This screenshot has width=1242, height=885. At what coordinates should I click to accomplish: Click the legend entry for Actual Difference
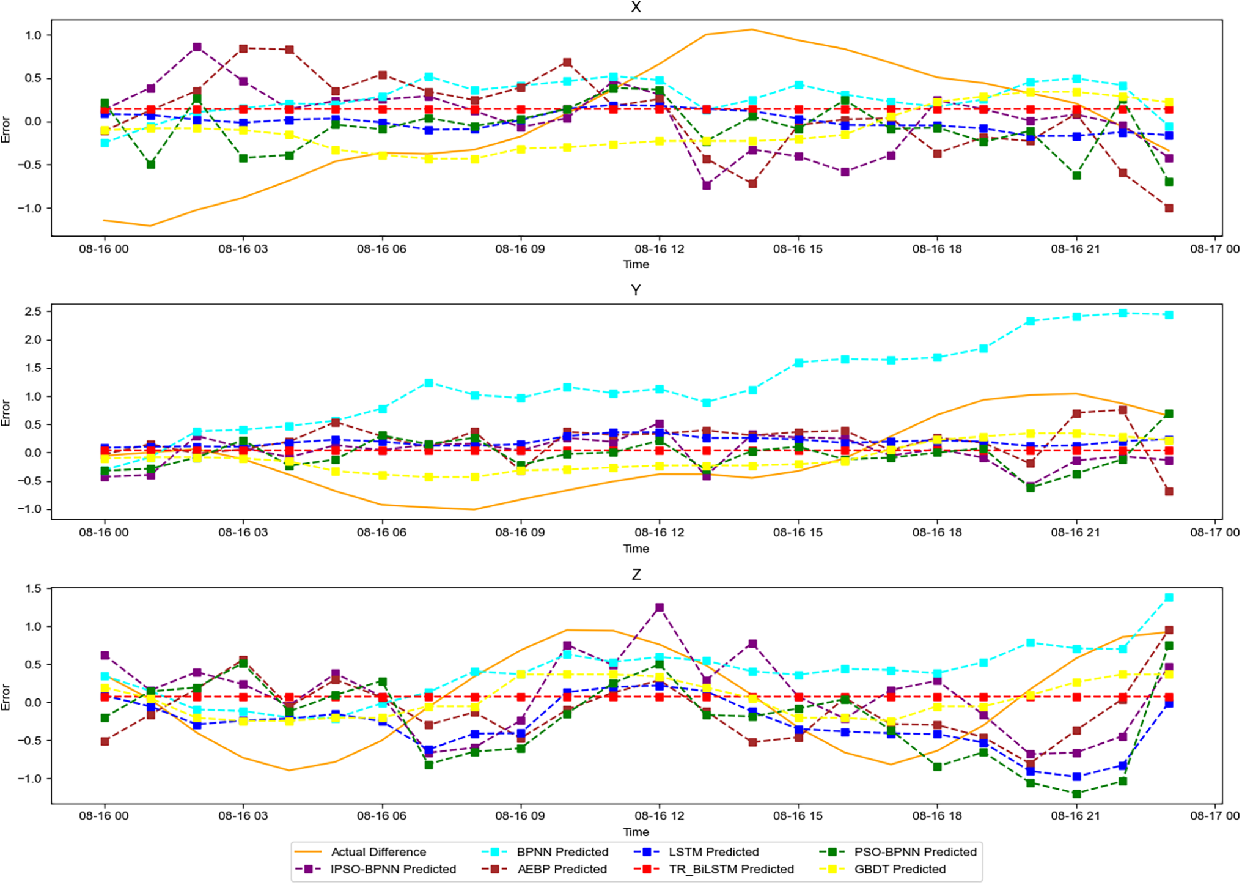tap(378, 851)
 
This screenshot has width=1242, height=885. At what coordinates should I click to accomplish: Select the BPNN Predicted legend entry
tap(562, 851)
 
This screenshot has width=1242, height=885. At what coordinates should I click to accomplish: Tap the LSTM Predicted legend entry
tap(713, 851)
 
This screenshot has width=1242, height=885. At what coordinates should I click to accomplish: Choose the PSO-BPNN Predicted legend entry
tap(915, 851)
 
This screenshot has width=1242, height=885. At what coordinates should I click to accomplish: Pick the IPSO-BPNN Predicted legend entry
tap(392, 869)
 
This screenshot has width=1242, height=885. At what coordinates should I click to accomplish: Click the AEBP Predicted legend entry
tap(562, 869)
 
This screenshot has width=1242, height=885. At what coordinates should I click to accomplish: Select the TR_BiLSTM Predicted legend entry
tap(731, 869)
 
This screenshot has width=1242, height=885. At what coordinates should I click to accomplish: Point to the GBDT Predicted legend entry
tap(900, 869)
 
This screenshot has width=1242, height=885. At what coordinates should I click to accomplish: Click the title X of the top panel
tap(636, 7)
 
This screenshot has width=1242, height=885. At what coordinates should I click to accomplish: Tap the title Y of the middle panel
tap(636, 291)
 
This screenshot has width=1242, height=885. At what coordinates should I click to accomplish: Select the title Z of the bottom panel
tap(636, 574)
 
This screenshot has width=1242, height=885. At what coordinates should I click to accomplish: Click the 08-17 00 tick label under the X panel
tap(1214, 249)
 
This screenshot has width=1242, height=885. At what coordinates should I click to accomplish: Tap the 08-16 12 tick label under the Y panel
tap(659, 532)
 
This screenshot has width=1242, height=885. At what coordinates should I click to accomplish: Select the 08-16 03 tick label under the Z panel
tap(243, 815)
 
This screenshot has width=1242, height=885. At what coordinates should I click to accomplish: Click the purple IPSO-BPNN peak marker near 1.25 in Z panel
tap(660, 607)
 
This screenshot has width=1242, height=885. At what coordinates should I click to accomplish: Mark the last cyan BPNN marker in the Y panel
tap(1169, 315)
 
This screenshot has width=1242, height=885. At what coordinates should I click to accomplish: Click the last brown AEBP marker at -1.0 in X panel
tap(1169, 208)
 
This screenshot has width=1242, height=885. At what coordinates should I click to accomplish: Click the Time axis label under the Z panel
tap(636, 832)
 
